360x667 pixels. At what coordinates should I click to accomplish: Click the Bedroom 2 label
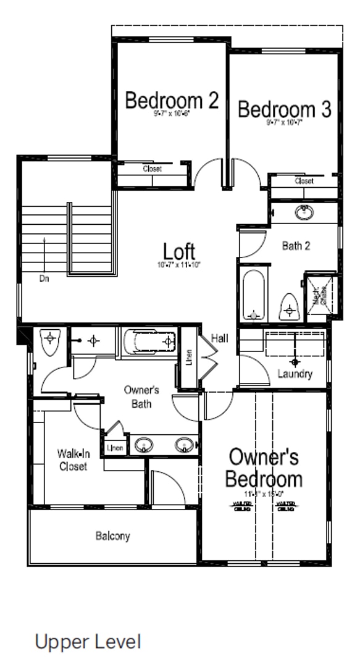(x=172, y=100)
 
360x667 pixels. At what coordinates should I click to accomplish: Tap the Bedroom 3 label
(x=285, y=110)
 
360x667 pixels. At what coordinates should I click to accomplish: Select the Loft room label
(x=179, y=251)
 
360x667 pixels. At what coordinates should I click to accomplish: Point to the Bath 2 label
(x=296, y=246)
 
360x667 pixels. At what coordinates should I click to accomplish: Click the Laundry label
(x=295, y=374)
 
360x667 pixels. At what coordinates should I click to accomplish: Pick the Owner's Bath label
(x=141, y=396)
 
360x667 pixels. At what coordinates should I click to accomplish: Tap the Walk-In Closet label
(x=74, y=460)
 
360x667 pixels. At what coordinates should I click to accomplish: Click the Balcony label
(x=112, y=536)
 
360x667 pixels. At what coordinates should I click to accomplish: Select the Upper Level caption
(x=88, y=642)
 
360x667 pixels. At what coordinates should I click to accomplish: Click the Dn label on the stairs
(x=44, y=279)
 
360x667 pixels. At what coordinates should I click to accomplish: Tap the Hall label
(x=219, y=338)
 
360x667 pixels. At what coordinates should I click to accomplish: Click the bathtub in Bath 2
(x=253, y=293)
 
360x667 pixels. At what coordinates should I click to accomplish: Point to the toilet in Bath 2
(x=289, y=306)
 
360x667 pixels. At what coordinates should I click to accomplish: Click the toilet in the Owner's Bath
(x=49, y=342)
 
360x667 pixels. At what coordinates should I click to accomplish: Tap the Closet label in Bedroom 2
(x=152, y=169)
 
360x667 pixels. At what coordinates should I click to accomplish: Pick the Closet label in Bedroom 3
(x=304, y=181)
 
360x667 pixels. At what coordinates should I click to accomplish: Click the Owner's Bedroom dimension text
(x=264, y=494)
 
